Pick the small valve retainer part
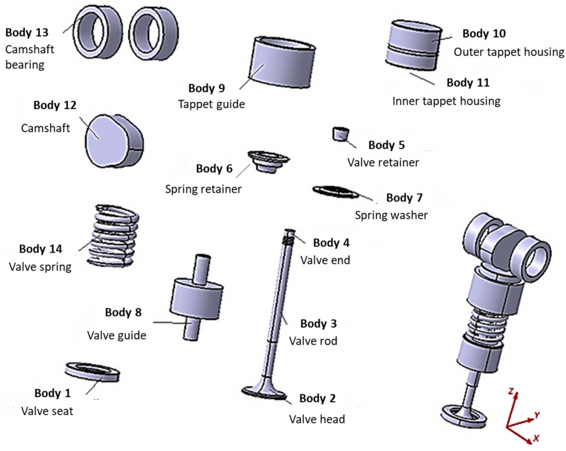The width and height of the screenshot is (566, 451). click(x=340, y=134)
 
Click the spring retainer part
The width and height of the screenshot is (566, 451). click(x=268, y=161)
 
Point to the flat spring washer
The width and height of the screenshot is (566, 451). click(x=335, y=192)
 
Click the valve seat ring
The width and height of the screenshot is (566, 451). click(x=92, y=371)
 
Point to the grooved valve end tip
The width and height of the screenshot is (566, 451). click(x=289, y=238)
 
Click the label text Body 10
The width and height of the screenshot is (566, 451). click(x=484, y=34)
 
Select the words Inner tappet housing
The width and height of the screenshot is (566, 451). click(x=446, y=101)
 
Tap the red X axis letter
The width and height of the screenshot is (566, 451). click(x=536, y=438)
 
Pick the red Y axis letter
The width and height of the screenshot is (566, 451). click(x=537, y=415)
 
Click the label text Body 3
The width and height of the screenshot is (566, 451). click(x=318, y=324)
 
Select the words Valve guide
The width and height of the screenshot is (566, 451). click(x=116, y=335)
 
